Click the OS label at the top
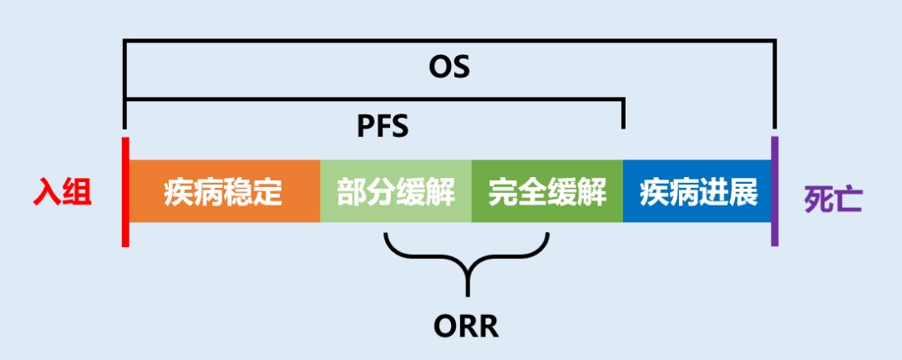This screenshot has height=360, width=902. coord(449,68)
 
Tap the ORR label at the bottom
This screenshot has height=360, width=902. coord(466,325)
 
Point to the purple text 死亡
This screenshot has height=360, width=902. coord(833,200)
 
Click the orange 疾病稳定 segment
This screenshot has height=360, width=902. coord(224,191)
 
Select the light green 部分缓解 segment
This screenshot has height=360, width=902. coord(396,191)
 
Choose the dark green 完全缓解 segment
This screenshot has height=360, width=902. coord(547,191)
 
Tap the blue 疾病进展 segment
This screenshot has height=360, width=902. coord(697,191)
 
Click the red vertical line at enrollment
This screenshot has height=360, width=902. coord(125,191)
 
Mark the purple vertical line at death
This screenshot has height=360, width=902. coord(774,191)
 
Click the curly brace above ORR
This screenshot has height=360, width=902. coord(467,259)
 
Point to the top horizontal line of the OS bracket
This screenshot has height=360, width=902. coord(449,40)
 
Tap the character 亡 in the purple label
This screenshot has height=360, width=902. coord(849,200)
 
